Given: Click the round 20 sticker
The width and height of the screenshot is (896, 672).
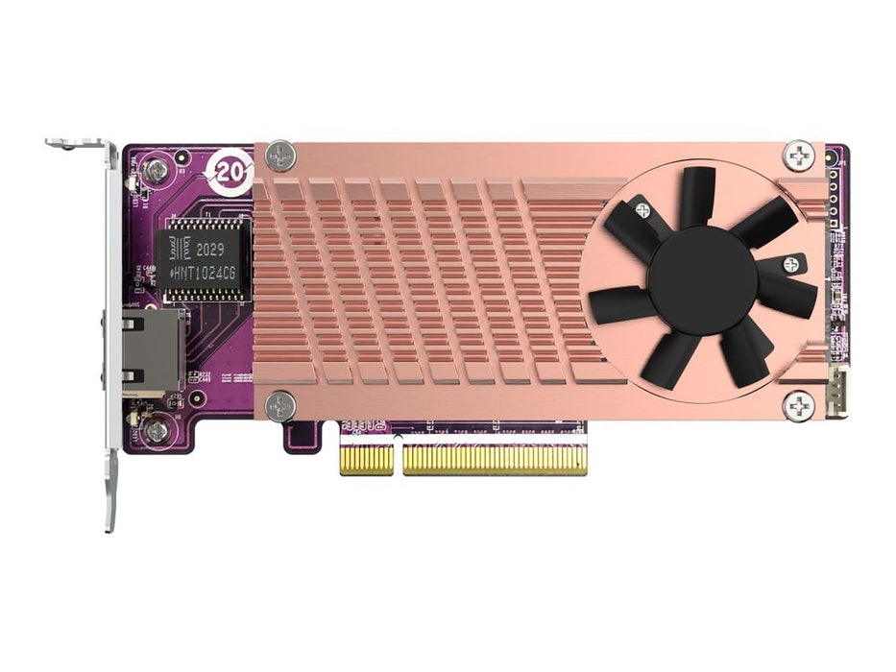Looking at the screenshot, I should click(x=230, y=172).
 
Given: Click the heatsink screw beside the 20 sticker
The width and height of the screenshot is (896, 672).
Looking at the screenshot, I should click(x=280, y=155).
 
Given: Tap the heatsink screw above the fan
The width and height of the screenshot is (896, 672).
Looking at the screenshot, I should click(x=799, y=155).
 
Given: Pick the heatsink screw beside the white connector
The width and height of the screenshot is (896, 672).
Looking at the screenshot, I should click(x=799, y=406).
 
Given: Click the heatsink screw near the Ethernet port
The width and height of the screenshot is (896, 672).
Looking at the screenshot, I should click(x=280, y=406).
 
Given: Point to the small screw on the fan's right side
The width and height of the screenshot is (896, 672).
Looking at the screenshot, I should click(x=790, y=264).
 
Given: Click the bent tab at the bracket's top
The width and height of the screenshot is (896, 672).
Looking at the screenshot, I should click(x=77, y=145).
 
